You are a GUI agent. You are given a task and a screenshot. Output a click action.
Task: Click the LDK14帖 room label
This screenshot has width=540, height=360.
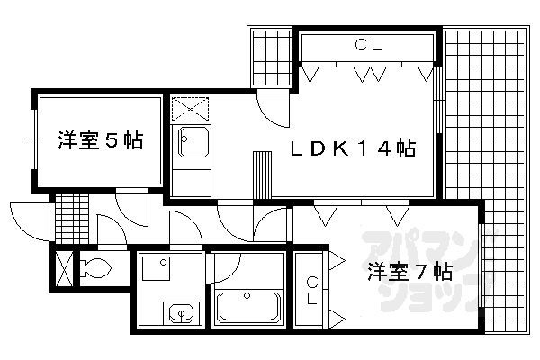353,148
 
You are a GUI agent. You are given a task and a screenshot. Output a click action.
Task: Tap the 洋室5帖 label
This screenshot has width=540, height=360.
100,139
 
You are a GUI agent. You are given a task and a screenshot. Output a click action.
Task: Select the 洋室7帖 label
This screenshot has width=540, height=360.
409,272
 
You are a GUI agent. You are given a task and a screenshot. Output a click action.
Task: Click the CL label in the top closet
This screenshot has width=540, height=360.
368,45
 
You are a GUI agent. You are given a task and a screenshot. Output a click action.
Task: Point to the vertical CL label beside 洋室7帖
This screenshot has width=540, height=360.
312,291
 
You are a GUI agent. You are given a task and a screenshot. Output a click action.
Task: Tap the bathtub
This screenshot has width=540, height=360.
248,308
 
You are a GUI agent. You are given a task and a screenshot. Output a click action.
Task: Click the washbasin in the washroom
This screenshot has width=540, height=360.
181,313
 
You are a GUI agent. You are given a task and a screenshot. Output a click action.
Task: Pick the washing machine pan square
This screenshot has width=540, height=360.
156,268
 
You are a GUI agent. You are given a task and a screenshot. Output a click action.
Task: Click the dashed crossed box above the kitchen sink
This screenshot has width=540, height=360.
190,110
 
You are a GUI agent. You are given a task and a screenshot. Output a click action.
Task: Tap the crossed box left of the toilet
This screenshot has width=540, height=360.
64,269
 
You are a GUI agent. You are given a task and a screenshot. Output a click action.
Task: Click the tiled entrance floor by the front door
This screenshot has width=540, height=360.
72,219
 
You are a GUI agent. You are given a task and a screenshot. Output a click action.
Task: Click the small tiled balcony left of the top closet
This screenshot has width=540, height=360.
272,58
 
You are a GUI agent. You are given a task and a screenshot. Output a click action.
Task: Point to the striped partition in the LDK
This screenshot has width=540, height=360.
262,175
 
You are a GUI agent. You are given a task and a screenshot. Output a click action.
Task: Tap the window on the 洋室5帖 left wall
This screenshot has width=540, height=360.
34,139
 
